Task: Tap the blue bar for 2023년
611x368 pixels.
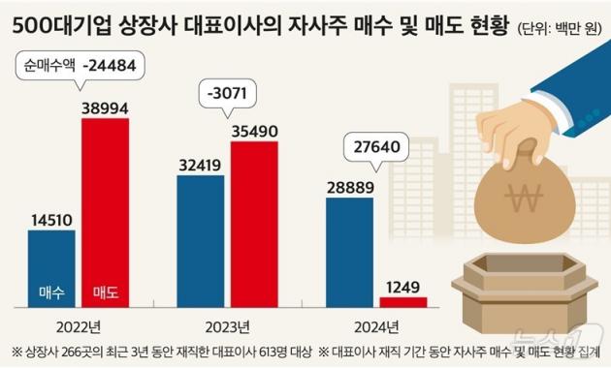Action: point(201,242)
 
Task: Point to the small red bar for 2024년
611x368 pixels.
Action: point(402,302)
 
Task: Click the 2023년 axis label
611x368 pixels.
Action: point(228,324)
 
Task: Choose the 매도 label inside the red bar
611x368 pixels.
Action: point(105,291)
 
